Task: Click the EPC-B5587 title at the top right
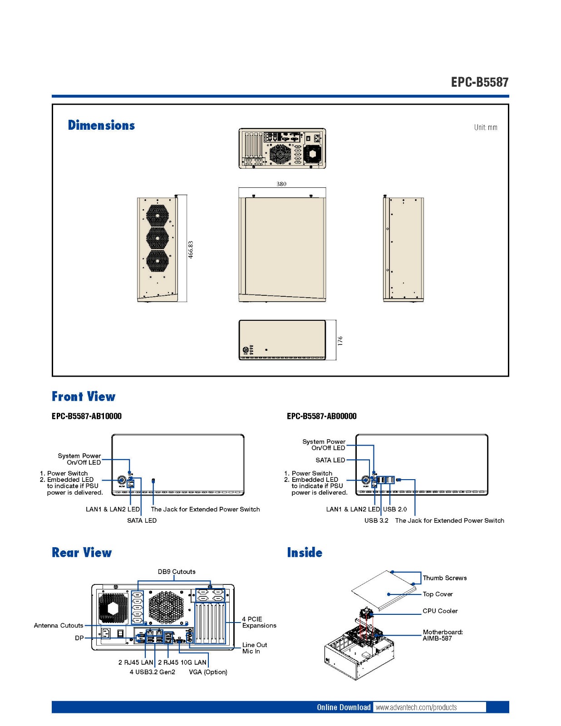(479, 82)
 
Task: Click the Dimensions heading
(101, 125)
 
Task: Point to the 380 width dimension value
(281, 184)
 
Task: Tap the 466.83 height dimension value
(191, 250)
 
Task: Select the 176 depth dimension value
(340, 340)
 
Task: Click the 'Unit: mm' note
(486, 128)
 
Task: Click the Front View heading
(84, 397)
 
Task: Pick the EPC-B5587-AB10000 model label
(87, 416)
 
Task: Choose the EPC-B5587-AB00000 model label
(322, 416)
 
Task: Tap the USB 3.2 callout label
(376, 520)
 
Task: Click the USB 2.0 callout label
(395, 509)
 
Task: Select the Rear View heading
(82, 553)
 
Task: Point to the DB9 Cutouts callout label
(177, 572)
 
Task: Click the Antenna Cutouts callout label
(59, 625)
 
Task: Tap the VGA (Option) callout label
(208, 672)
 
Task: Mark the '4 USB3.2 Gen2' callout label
(153, 672)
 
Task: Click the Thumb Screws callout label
(444, 578)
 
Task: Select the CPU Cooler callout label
(440, 611)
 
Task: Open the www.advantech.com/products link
(416, 707)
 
